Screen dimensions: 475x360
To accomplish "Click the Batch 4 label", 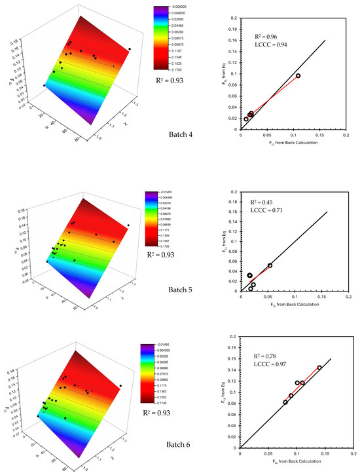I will tap(179, 136).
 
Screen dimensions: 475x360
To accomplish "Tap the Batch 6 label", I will tap(179, 445).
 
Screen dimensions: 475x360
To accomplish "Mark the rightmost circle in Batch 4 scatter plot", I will tap(298, 76).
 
